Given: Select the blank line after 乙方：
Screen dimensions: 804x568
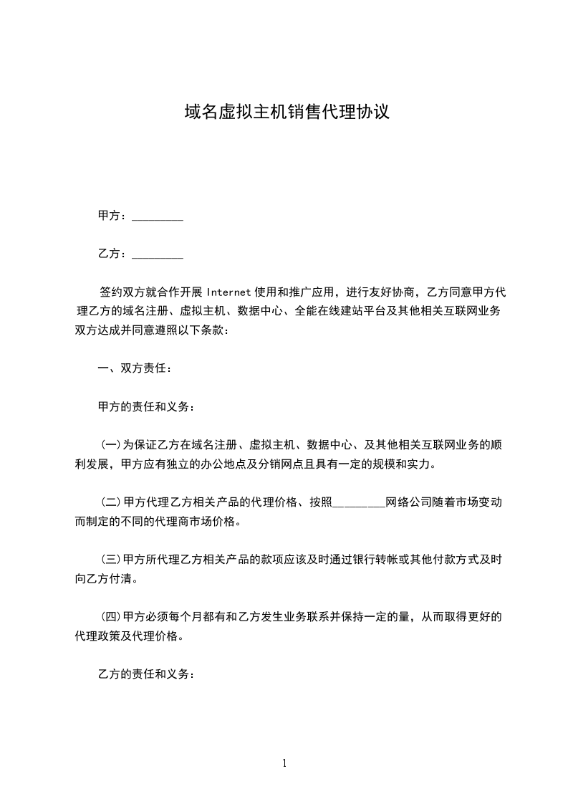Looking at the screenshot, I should pos(158,255).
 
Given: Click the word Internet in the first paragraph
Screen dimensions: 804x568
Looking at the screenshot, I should pos(228,292).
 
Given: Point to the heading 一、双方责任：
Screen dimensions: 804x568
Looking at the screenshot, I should pos(135,369).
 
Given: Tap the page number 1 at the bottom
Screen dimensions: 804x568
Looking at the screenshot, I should pos(284,764).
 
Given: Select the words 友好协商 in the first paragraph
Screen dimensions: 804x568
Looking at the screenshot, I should pos(397,292).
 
